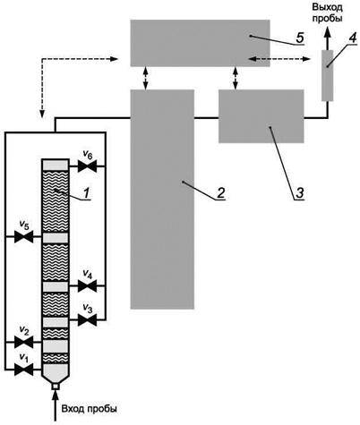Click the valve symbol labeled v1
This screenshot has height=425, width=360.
point(24,370)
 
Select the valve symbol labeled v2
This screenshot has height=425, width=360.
point(24,343)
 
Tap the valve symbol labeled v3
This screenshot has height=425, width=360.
point(87,320)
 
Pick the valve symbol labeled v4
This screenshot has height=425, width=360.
point(87,285)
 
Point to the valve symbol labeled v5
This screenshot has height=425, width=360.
point(24,237)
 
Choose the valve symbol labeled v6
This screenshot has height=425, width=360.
point(87,166)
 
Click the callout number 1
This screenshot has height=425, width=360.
point(86,193)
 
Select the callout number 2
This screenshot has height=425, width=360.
point(220,193)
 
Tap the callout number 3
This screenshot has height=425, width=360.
point(299,193)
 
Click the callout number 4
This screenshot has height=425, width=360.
point(353,38)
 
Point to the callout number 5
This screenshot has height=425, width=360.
point(299,38)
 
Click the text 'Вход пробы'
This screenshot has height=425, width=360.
point(89,409)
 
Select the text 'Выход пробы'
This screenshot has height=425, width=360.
point(327,13)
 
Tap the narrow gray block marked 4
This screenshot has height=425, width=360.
point(327,75)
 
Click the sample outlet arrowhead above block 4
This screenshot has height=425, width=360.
point(328,31)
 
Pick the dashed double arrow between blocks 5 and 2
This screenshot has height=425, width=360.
point(146,78)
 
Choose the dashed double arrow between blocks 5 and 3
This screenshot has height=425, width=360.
point(236,78)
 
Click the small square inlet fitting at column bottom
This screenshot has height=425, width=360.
point(56,387)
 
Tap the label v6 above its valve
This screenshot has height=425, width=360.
point(88,154)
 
